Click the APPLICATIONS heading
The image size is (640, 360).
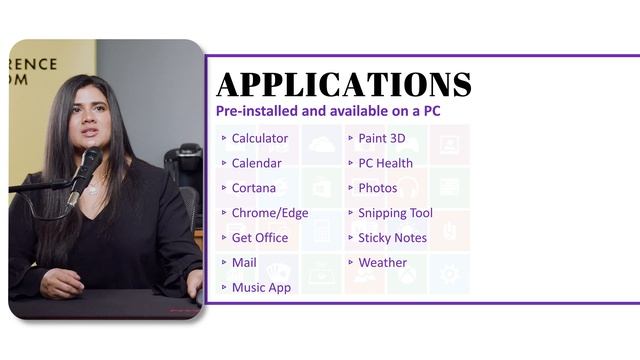pyautogui.click(x=343, y=84)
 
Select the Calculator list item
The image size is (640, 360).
pyautogui.click(x=259, y=138)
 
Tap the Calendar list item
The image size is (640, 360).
pyautogui.click(x=256, y=163)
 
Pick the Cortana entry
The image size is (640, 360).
pyautogui.click(x=253, y=188)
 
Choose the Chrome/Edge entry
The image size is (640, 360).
pyautogui.click(x=270, y=213)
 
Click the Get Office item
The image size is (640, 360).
pyautogui.click(x=259, y=238)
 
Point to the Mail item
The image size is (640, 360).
pyautogui.click(x=244, y=263)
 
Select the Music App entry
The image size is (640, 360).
pyautogui.click(x=261, y=288)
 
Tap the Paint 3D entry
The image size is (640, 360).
pyautogui.click(x=382, y=138)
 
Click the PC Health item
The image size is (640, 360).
pyautogui.click(x=385, y=163)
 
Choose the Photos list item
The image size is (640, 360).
pyautogui.click(x=377, y=188)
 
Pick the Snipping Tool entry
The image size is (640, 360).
pyautogui.click(x=395, y=213)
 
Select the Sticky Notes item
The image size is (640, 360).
pyautogui.click(x=392, y=238)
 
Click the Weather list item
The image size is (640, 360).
pyautogui.click(x=382, y=263)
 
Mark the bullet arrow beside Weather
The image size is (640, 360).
pyautogui.click(x=350, y=263)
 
